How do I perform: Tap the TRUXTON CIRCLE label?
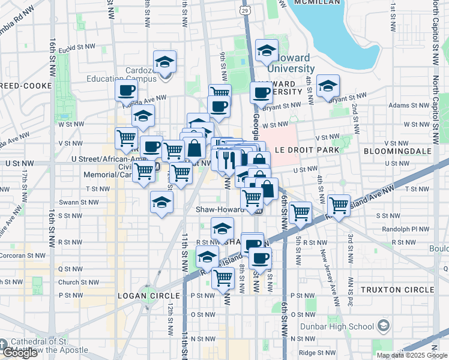397,290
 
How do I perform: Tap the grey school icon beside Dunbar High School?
384,326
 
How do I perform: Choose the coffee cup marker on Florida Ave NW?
126,91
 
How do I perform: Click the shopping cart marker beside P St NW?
223,277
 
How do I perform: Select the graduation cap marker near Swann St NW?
161,203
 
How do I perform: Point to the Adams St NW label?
403,105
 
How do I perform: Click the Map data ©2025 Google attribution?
412,355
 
